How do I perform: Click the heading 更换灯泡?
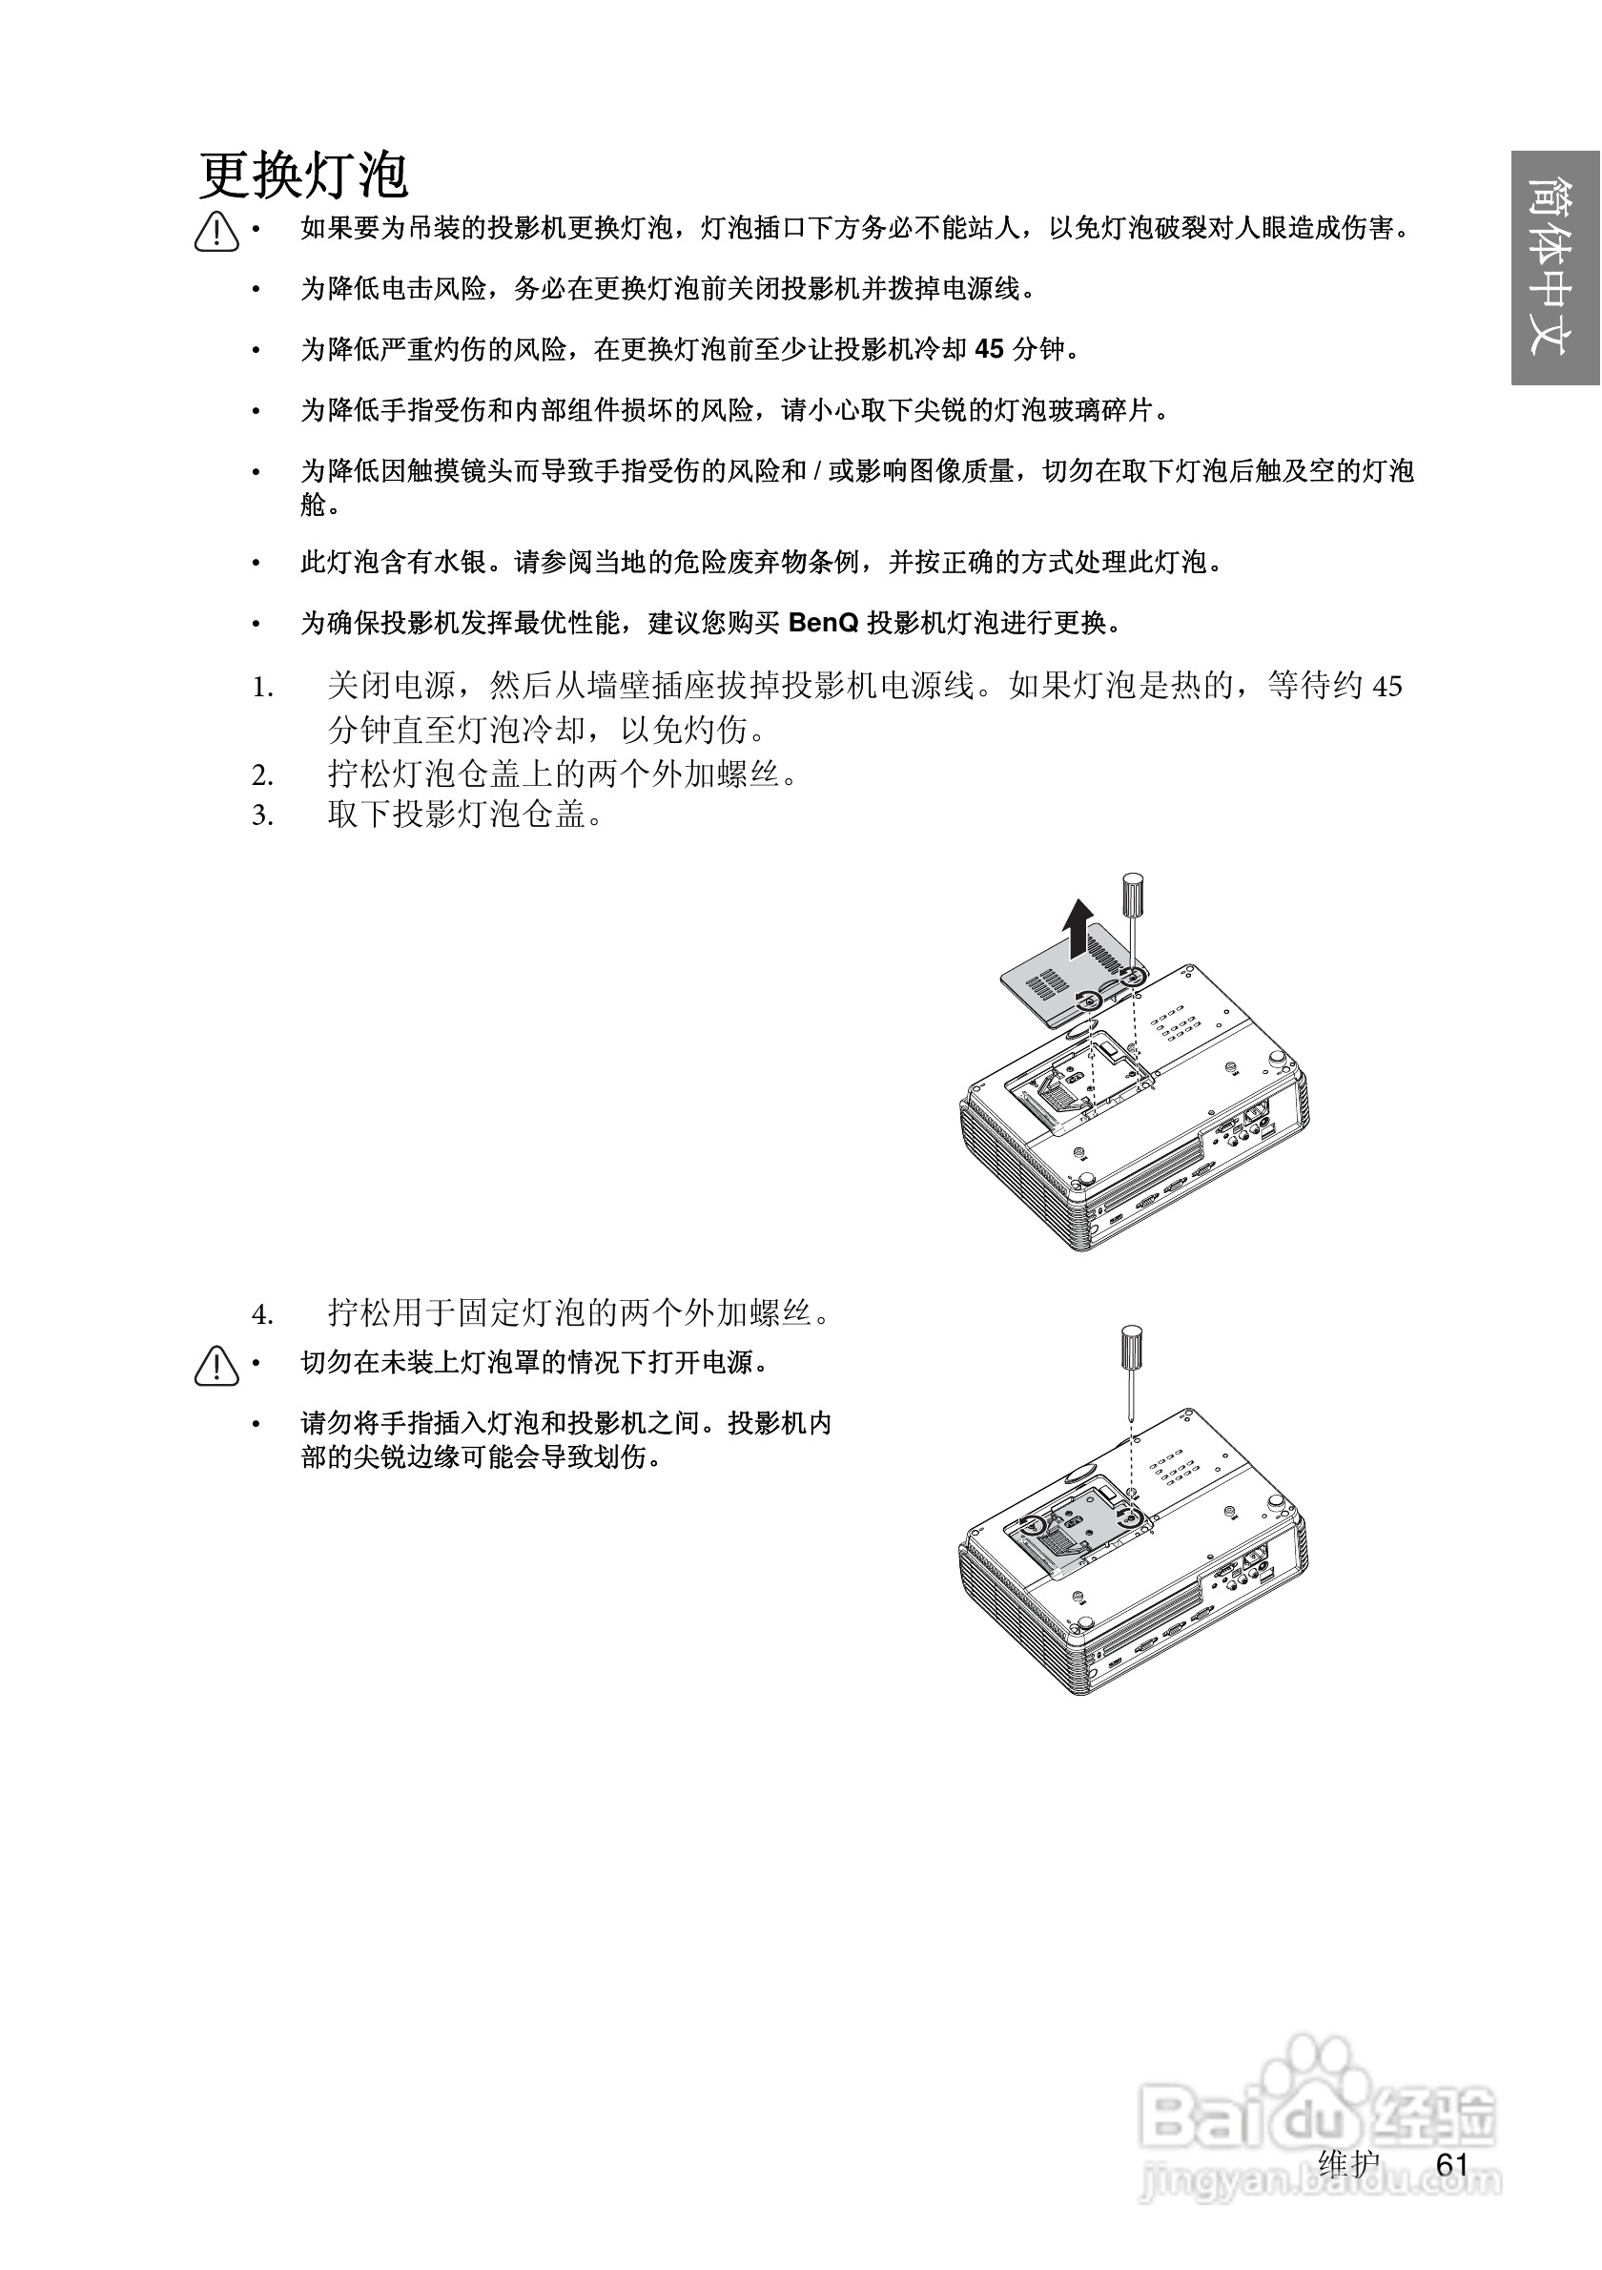303,177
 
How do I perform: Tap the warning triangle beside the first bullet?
216,233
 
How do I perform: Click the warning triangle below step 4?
216,1367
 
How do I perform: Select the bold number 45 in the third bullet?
988,349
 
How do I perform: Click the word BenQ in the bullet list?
823,623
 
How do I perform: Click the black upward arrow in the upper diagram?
1078,929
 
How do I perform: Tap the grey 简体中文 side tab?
1554,268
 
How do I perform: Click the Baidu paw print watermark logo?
1314,2081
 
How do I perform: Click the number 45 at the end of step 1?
1387,688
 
